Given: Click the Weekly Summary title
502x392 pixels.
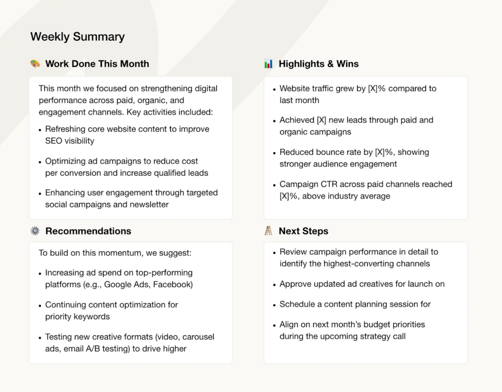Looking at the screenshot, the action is click(77, 36).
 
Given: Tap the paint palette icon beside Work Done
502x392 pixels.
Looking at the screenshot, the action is click(35, 63).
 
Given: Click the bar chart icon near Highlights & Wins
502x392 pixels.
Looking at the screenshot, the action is click(268, 64).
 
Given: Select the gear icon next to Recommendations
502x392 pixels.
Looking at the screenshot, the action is click(35, 231).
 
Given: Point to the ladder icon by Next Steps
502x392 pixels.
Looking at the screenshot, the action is click(268, 231).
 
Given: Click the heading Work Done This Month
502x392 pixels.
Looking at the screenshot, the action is click(97, 64).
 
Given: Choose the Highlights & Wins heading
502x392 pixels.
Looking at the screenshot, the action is click(319, 64).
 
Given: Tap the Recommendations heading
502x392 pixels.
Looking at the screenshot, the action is click(88, 231).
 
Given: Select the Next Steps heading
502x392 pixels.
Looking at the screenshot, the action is click(303, 231).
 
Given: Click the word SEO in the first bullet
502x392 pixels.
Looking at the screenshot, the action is click(53, 141).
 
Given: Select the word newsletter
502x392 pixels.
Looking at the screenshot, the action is click(149, 204).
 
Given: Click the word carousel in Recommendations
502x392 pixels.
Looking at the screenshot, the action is click(198, 337).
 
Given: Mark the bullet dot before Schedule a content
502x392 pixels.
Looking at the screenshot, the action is click(274, 305).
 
